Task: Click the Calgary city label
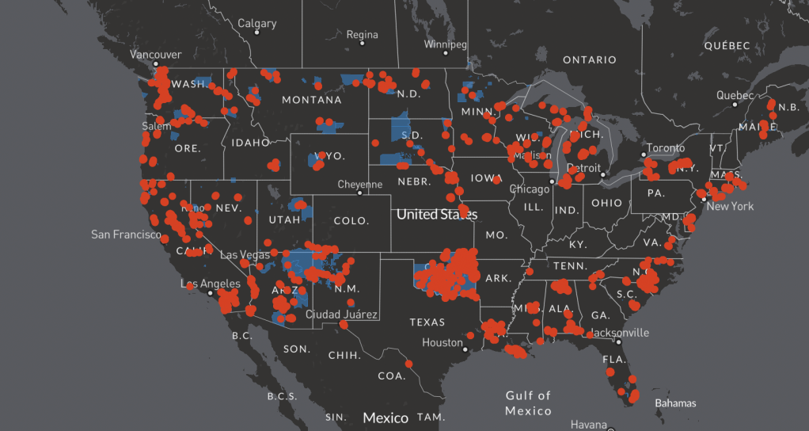tap(257, 23)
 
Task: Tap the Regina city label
tap(362, 34)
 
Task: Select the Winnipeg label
tap(446, 44)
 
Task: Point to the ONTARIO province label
tap(589, 60)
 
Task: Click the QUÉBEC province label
tap(727, 46)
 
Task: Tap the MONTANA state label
tap(312, 100)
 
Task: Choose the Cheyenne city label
tap(360, 184)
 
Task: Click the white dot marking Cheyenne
tap(359, 193)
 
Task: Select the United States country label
tap(437, 214)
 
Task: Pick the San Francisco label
tap(126, 235)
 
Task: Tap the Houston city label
tap(442, 343)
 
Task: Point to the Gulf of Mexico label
tap(528, 402)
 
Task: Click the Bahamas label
tap(675, 403)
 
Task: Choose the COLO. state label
tap(353, 220)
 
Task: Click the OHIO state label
tap(606, 203)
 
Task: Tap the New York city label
tap(730, 207)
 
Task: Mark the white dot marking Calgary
tap(257, 32)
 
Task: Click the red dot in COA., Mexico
tap(409, 364)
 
